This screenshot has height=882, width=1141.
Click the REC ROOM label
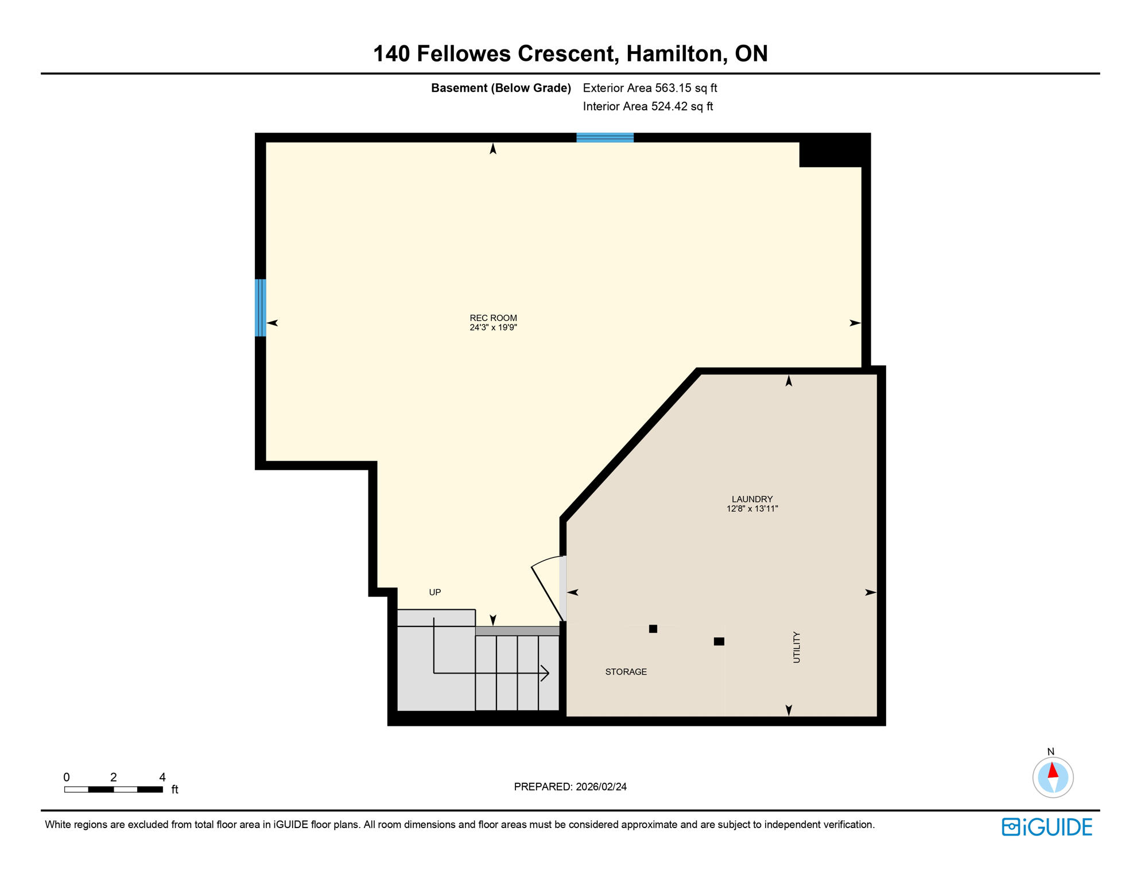493,318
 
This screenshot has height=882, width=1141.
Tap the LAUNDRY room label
752,499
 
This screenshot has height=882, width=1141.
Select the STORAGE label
626,671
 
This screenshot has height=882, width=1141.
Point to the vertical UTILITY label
796,647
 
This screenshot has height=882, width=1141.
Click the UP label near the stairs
434,592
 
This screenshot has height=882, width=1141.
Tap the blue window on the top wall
604,137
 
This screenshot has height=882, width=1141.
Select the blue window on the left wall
260,307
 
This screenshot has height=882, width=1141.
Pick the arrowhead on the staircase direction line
546,672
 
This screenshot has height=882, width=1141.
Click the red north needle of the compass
1053,770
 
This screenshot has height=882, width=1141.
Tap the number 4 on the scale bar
162,777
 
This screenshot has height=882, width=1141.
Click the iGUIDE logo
1047,827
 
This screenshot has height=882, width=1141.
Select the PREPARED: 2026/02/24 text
570,787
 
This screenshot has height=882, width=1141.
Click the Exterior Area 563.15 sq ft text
650,88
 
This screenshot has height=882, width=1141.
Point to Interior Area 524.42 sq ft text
647,106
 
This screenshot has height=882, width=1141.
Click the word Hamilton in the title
674,53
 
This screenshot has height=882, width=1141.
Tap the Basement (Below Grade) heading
500,88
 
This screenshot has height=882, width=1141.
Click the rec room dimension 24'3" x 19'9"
493,327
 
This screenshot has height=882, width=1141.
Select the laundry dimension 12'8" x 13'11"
752,509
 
